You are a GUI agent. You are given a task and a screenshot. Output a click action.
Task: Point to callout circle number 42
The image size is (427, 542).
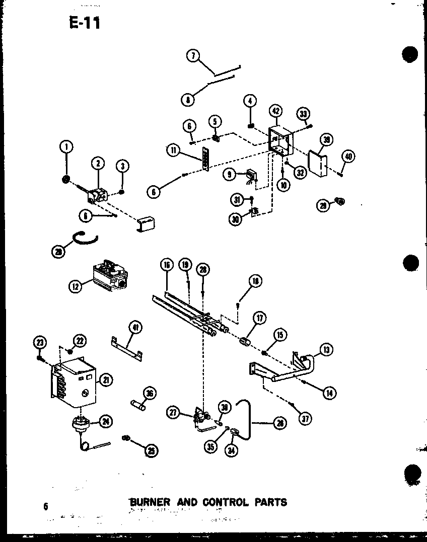275,111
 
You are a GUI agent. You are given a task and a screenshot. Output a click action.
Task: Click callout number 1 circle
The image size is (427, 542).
65,147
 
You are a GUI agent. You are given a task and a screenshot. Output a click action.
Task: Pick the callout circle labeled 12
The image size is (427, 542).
75,287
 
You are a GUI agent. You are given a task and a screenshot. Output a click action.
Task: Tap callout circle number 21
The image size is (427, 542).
105,380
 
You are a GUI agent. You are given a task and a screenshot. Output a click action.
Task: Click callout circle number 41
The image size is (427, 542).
134,328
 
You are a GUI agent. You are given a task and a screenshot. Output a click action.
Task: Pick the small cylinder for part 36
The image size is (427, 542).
138,405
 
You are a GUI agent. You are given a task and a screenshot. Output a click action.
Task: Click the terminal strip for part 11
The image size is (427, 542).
205,160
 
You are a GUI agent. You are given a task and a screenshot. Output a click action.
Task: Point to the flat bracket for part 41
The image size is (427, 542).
127,348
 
